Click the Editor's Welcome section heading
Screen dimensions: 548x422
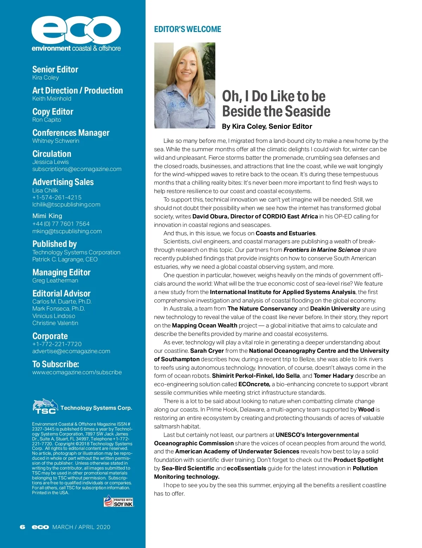point(187,29)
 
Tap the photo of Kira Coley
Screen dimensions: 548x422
point(185,85)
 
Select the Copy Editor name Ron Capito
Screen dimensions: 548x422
point(47,120)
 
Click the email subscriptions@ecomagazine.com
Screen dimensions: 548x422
point(77,169)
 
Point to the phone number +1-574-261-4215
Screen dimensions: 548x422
point(57,197)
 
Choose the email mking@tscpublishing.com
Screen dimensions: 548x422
point(67,231)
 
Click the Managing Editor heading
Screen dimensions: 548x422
point(61,272)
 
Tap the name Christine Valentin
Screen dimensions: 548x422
point(55,323)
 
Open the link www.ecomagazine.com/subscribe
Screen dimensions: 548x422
point(77,372)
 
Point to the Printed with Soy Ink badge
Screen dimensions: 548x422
point(119,501)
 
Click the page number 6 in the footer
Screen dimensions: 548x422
point(23,527)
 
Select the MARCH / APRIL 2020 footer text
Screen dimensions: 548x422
point(81,527)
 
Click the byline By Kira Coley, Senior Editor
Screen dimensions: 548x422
point(267,126)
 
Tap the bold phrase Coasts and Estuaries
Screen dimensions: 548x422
point(286,233)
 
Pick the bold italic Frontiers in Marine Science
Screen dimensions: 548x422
point(322,250)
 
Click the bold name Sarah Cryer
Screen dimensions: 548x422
point(207,351)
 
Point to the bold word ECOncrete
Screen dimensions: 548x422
point(254,384)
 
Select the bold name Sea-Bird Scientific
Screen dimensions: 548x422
point(188,468)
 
